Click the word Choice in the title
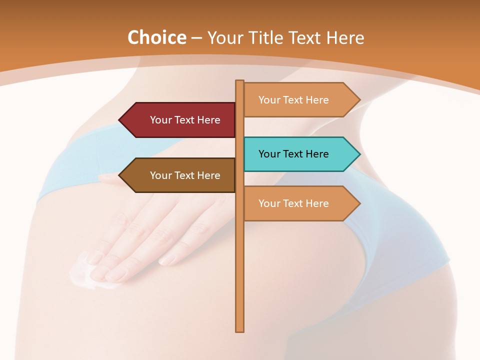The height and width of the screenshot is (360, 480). click(156, 38)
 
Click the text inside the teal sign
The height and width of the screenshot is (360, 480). click(293, 154)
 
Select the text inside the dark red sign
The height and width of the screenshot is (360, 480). click(185, 120)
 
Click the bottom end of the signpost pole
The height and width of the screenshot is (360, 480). click(240, 329)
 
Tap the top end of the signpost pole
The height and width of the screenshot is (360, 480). click(240, 82)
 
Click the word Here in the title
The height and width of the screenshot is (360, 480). click(345, 38)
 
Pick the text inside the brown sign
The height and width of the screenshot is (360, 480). click(185, 175)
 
